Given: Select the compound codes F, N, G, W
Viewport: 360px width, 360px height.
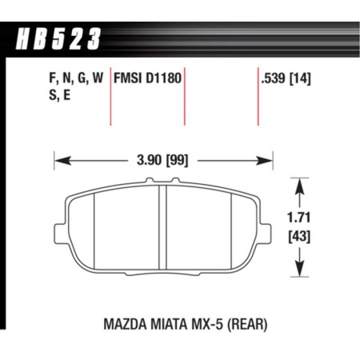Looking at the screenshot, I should [x=70, y=78].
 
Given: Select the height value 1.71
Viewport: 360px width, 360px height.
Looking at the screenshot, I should [x=299, y=215].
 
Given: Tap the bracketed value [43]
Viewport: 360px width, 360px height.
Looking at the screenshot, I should [x=299, y=236].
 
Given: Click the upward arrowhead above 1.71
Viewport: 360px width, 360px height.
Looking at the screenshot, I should [x=299, y=183].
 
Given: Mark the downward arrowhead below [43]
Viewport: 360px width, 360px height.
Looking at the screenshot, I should [x=299, y=272].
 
